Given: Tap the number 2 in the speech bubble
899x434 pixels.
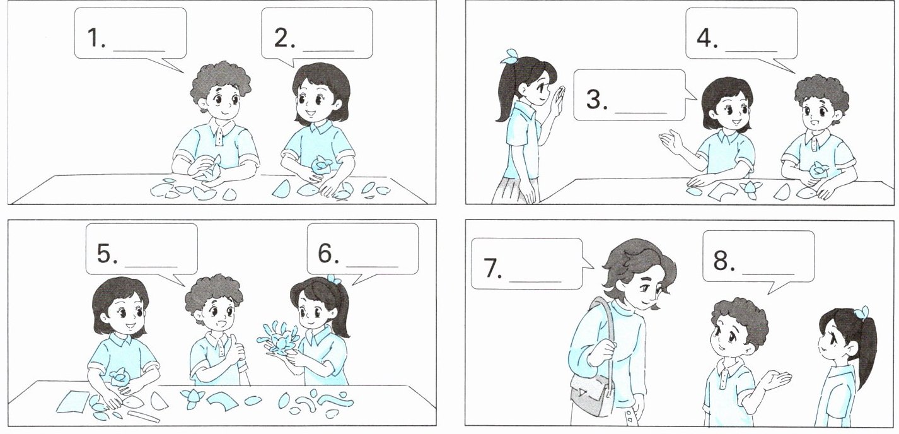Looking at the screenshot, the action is pyautogui.click(x=282, y=38).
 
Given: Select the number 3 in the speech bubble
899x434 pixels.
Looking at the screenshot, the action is pyautogui.click(x=594, y=99).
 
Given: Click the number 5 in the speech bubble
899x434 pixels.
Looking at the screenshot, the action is pyautogui.click(x=105, y=254).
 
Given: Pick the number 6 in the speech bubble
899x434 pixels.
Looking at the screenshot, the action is pyautogui.click(x=325, y=254).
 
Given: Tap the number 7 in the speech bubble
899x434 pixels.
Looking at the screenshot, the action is pyautogui.click(x=491, y=268).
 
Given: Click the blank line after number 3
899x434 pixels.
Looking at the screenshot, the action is pyautogui.click(x=641, y=112).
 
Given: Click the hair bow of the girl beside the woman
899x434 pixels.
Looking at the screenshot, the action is pyautogui.click(x=861, y=313).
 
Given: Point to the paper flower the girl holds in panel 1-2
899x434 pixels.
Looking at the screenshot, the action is pyautogui.click(x=322, y=165).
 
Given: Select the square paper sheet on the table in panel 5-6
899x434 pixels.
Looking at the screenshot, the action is pyautogui.click(x=73, y=401).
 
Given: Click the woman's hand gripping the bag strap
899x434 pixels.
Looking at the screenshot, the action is pyautogui.click(x=600, y=354).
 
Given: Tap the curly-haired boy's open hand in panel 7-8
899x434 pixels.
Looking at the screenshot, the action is pyautogui.click(x=775, y=380).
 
